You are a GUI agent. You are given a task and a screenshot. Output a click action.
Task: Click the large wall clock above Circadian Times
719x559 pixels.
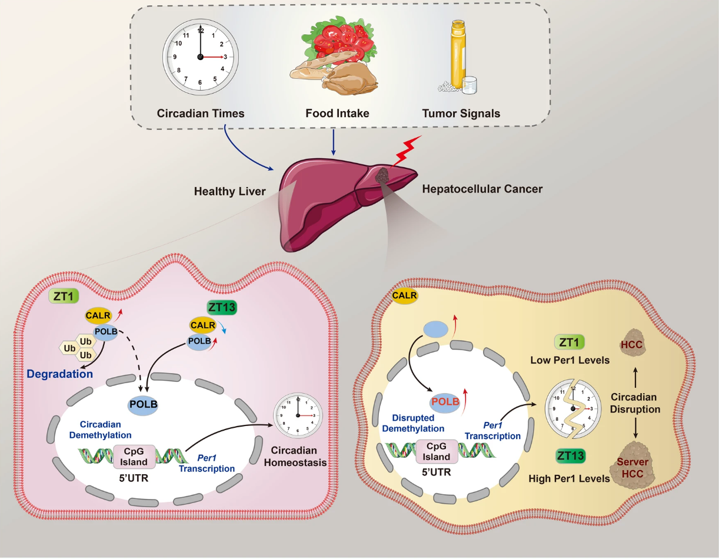200,57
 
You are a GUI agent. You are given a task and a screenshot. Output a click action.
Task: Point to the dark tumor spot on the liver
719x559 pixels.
383,175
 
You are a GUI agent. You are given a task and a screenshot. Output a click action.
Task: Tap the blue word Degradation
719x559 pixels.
59,374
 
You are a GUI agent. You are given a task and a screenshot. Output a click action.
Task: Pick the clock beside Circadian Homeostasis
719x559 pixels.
299,415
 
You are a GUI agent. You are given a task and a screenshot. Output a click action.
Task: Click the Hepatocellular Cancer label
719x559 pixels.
482,189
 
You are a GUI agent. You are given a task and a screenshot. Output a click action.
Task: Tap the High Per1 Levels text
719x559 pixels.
569,478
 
